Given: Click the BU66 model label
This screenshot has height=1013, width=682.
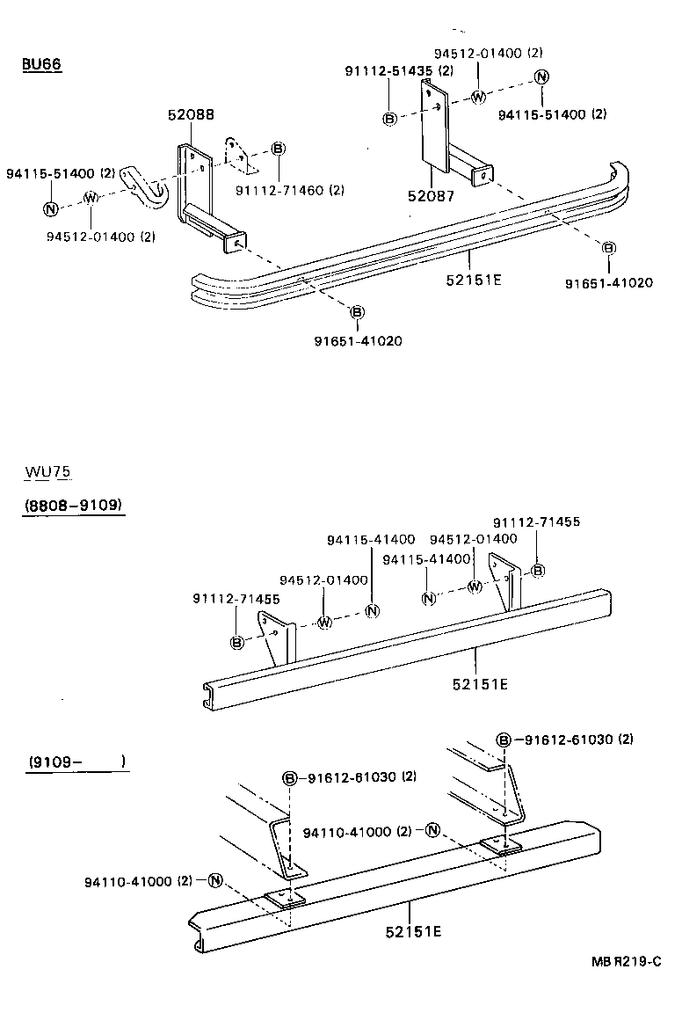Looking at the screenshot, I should click(x=41, y=65).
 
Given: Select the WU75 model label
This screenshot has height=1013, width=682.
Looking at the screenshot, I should click(x=48, y=472).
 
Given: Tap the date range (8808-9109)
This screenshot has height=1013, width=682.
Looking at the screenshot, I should click(x=74, y=506).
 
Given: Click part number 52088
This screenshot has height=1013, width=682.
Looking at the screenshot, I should click(x=191, y=114).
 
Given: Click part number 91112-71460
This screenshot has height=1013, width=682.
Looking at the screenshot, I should click(x=289, y=190).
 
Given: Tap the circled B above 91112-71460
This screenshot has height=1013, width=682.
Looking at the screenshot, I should click(x=277, y=148).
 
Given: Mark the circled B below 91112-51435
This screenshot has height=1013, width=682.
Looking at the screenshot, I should click(x=389, y=119).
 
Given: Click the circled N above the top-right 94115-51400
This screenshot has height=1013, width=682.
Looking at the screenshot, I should click(x=542, y=77).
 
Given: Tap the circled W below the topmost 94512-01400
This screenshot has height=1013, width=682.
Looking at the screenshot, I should click(x=478, y=97).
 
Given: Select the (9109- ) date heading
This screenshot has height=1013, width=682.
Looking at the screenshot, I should click(x=77, y=762).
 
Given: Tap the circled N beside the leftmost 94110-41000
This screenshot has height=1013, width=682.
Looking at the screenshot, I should click(x=216, y=880).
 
